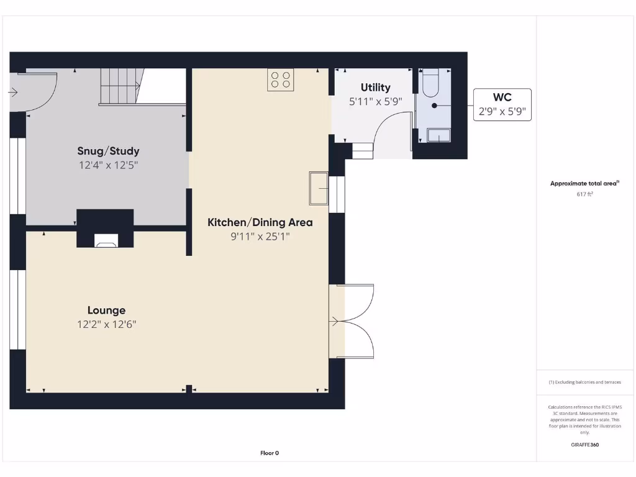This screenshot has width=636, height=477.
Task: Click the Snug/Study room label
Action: (x=108, y=151)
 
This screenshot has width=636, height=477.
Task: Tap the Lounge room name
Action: (x=106, y=311)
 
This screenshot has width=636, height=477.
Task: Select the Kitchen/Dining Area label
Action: (x=260, y=222)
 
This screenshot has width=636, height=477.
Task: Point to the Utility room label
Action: (x=375, y=88)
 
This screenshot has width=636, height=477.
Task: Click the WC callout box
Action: (x=502, y=104)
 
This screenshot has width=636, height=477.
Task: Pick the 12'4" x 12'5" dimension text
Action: (x=108, y=165)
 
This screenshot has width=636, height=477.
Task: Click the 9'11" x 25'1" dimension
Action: (x=260, y=237)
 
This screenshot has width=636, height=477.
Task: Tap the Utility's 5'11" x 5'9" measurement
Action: (x=375, y=101)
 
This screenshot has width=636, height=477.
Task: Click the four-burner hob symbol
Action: (x=281, y=79)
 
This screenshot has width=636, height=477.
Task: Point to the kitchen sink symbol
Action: (x=318, y=188)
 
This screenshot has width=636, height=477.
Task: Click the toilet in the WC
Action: (x=430, y=84)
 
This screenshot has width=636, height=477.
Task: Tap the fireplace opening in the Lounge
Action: (x=106, y=240)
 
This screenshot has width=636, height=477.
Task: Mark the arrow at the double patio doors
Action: (x=335, y=321)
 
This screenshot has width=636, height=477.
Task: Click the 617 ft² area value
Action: (x=584, y=194)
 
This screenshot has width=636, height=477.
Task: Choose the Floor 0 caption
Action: (x=270, y=453)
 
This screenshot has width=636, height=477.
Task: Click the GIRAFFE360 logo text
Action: (x=584, y=445)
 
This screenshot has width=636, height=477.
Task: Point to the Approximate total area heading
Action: (x=584, y=183)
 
